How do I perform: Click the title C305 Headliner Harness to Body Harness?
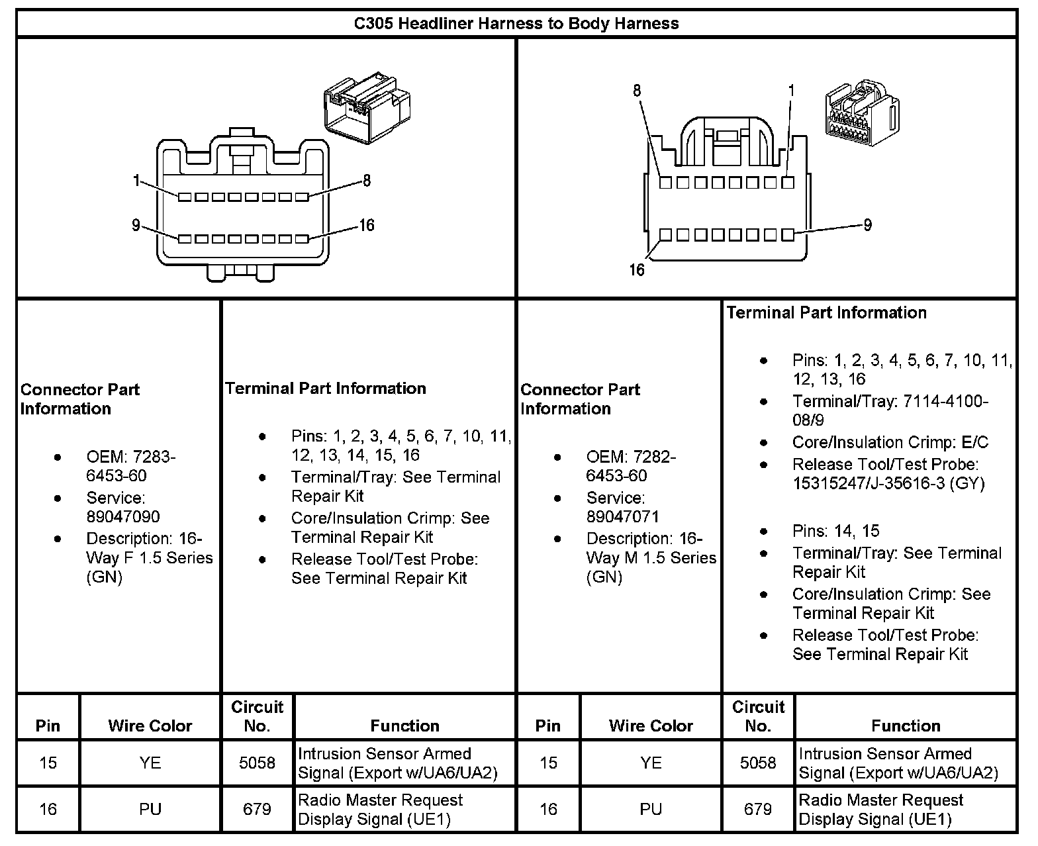coord(516,24)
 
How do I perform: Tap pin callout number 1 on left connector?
coord(136,180)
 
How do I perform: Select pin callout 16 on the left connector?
coord(366,226)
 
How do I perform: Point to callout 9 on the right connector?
coord(867,225)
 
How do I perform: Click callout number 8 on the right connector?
coord(637,91)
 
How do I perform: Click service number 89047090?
coord(123,516)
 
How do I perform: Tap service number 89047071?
coord(622,516)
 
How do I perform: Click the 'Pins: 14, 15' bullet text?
coord(835,531)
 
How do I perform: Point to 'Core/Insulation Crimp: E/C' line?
coord(890,442)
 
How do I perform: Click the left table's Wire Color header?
coord(150,726)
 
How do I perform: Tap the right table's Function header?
coord(906,726)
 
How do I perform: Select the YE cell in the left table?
coord(150,763)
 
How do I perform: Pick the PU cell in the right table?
coord(651,809)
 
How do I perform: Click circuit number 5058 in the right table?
coord(758,763)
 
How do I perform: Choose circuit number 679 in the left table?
coord(257,809)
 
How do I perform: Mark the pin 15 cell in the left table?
coord(48,763)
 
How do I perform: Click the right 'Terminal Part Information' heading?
coord(826,312)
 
